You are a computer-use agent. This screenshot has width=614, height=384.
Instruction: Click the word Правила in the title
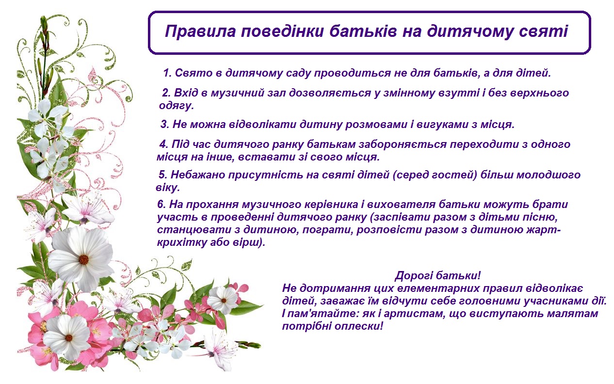[x=200, y=31]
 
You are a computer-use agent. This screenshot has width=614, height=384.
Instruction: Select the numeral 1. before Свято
[x=167, y=73]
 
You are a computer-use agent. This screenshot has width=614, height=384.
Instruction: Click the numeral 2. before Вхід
[x=166, y=93]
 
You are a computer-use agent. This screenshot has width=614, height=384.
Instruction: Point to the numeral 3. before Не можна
[x=165, y=125]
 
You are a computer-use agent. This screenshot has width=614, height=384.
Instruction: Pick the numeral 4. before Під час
[x=164, y=144]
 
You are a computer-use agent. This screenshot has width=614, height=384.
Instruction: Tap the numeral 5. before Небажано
[x=163, y=175]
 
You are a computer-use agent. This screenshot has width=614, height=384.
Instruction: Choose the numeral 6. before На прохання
[x=162, y=205]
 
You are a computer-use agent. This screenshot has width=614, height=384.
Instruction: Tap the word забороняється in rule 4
[x=403, y=144]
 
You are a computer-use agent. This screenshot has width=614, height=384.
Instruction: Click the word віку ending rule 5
[x=167, y=188]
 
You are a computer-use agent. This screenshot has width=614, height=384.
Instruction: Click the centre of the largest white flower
[x=83, y=259]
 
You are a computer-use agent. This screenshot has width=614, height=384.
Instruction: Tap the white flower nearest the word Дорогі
[x=224, y=300]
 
